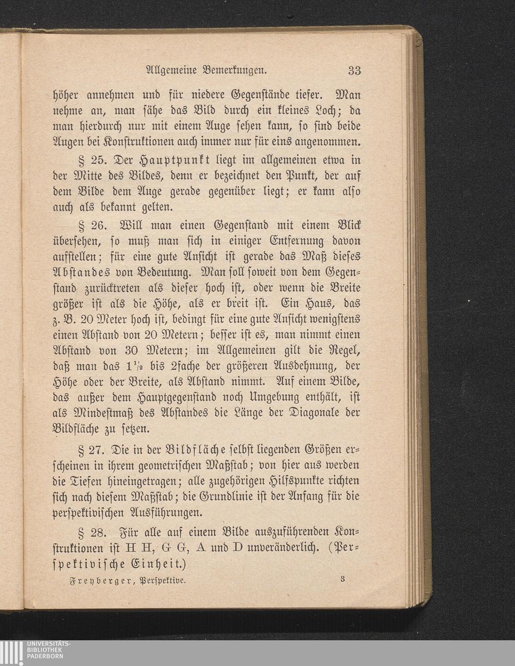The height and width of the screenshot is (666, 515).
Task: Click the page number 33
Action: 354,70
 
